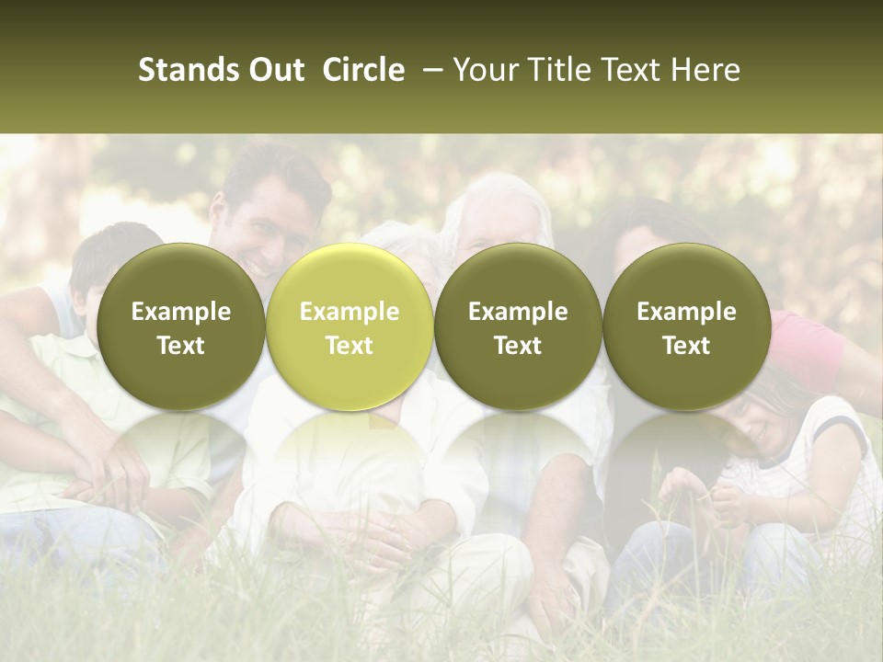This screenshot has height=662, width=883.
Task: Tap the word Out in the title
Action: pos(273,71)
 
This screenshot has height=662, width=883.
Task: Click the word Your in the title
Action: pos(484,71)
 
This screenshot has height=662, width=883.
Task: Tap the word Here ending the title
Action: pos(704,71)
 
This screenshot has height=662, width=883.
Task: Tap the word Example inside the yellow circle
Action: pos(350,312)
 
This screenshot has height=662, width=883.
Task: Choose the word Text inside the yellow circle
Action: pos(350,346)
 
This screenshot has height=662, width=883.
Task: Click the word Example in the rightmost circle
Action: pos(686,312)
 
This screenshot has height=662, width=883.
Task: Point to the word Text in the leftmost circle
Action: pos(181,346)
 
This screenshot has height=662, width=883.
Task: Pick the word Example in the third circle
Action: pos(518,312)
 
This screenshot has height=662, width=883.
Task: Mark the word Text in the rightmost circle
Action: pos(686,346)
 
